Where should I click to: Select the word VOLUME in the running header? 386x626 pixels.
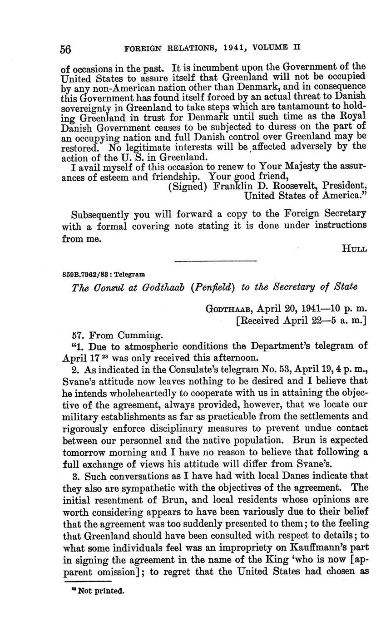point(268,47)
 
